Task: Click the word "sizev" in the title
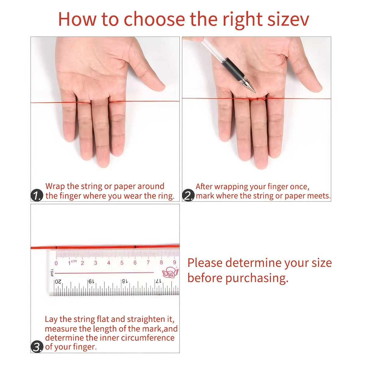tap(288, 19)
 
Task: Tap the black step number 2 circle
tap(188, 195)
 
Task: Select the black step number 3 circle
tap(37, 347)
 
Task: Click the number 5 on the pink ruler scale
tap(122, 263)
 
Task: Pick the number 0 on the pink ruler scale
tap(56, 263)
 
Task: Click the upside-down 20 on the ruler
tap(58, 282)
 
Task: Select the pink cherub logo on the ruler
tap(170, 272)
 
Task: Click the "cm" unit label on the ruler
tap(74, 261)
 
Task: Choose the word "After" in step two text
tap(204, 186)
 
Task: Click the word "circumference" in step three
tap(148, 338)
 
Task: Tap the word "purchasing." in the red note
tap(257, 278)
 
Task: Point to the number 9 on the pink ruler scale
tap(174, 262)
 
